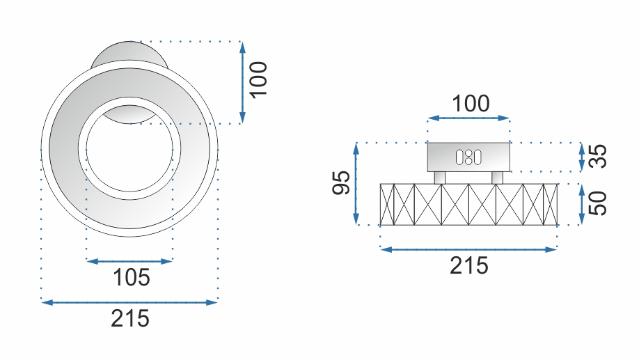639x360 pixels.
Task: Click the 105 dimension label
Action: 132,278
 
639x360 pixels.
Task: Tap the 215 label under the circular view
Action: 130,318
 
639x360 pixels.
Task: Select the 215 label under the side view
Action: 469,265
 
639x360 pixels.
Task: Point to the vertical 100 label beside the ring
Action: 258,80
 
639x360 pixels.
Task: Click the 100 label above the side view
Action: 471,104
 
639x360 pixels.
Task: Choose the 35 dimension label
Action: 597,157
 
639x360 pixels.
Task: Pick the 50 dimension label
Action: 597,203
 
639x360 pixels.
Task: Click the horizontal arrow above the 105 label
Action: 129,261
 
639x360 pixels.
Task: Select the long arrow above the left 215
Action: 129,302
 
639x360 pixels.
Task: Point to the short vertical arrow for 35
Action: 582,157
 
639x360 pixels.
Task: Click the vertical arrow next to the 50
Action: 582,205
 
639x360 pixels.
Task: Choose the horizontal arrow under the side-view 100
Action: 468,119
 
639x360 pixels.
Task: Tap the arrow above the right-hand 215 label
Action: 468,249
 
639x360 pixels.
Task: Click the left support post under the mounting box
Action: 439,178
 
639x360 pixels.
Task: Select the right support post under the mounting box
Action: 497,178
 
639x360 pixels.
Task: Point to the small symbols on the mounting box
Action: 468,157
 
